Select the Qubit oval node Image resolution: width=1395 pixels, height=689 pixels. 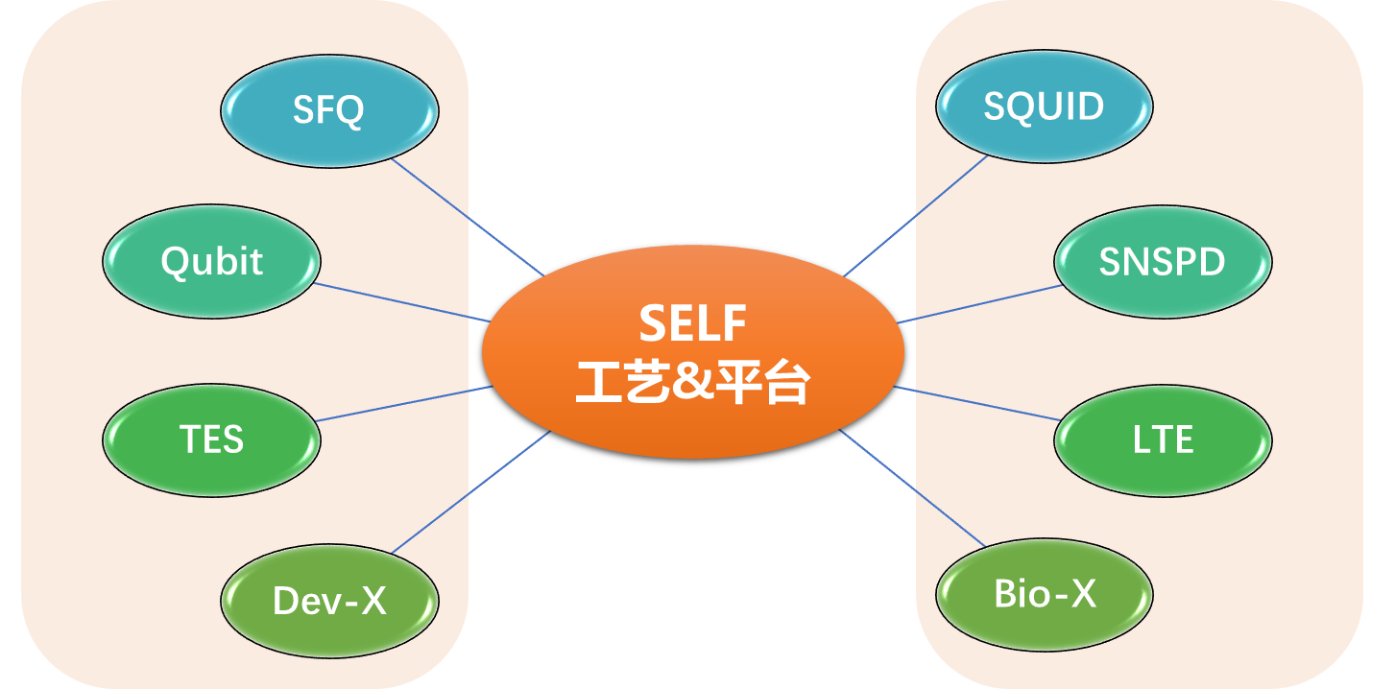(x=211, y=262)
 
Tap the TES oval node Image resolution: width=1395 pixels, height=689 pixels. (x=211, y=440)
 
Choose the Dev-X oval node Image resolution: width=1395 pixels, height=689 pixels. (x=329, y=601)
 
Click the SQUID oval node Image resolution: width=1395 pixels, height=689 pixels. (x=1044, y=107)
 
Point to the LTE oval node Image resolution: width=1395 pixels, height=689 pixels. (x=1163, y=440)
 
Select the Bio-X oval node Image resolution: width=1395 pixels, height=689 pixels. (x=1045, y=595)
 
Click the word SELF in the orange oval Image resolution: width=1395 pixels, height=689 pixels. (x=692, y=324)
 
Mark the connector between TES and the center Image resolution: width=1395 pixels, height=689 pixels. (x=403, y=404)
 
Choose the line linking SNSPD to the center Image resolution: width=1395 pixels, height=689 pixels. (x=979, y=303)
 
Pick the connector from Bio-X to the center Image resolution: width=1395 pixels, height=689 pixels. (x=912, y=488)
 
